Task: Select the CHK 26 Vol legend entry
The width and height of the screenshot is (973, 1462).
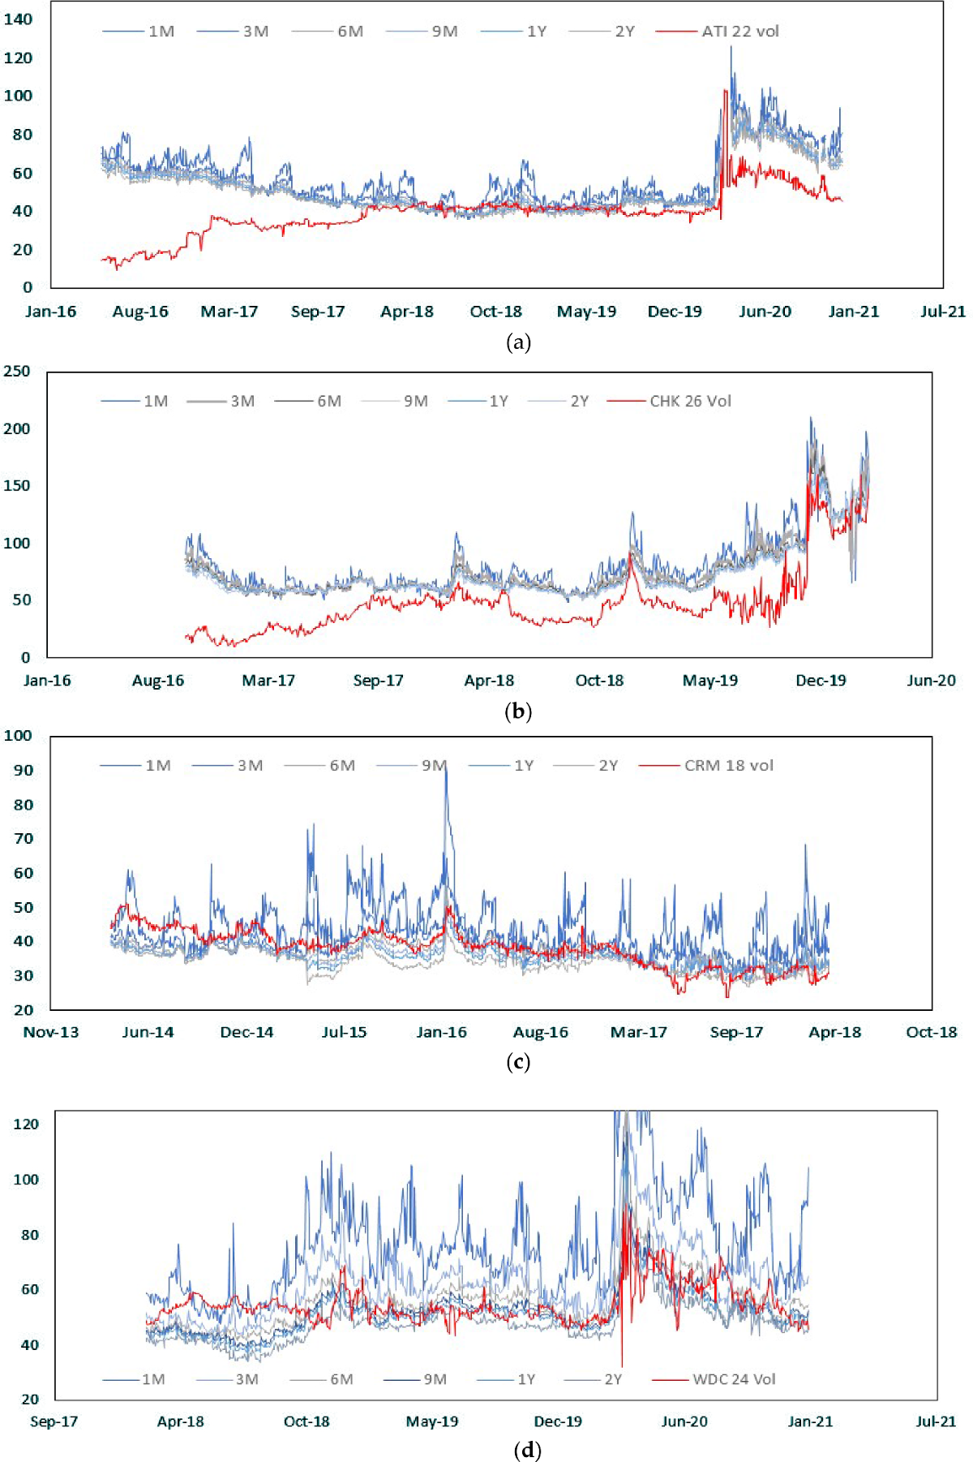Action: [x=690, y=401]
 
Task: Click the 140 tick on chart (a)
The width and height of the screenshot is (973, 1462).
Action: [x=19, y=19]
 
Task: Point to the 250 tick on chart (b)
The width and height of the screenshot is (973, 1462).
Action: [x=17, y=371]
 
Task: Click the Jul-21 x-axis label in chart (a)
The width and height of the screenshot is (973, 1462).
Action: [x=943, y=312]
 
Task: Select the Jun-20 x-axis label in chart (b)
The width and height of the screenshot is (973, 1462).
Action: [x=931, y=681]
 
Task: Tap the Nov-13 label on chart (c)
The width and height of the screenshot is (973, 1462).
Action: [x=51, y=1032]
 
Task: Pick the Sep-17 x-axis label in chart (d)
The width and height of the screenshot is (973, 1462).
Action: [x=54, y=1421]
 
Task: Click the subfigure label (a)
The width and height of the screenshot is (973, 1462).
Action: [x=518, y=342]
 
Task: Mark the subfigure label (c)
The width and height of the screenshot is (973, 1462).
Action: [x=517, y=1062]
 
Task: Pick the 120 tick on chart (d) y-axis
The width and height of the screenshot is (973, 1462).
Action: [x=26, y=1124]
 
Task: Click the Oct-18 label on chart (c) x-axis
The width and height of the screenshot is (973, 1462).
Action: [x=932, y=1032]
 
